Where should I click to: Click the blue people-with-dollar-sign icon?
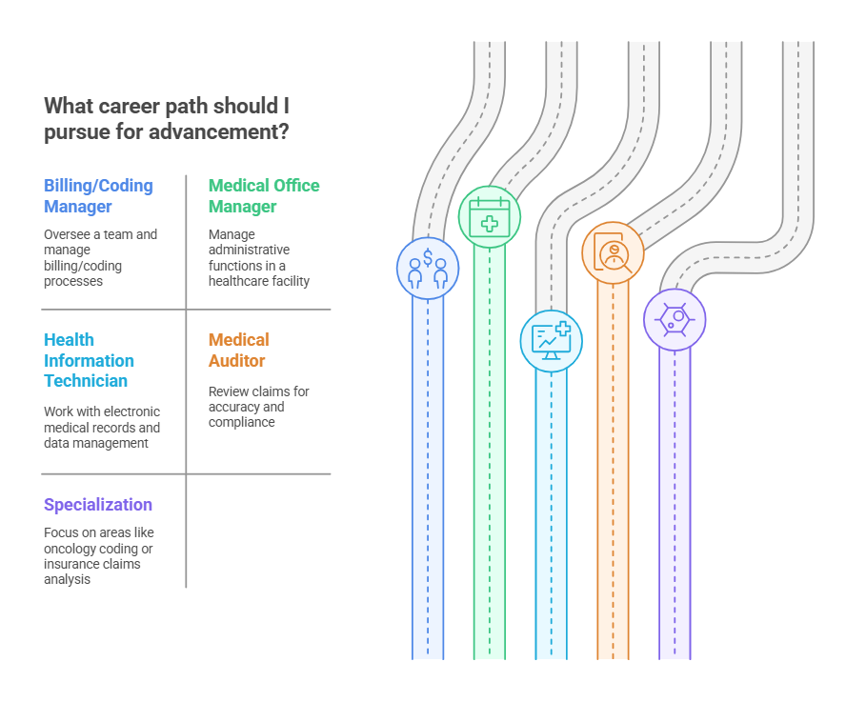[428, 268]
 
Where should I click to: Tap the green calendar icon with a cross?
[490, 217]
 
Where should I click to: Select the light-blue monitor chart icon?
[551, 341]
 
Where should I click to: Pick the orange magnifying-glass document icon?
[613, 252]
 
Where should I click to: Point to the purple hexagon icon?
[675, 319]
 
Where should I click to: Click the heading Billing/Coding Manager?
[98, 195]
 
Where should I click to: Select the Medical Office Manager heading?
[264, 195]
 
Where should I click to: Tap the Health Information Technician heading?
[89, 360]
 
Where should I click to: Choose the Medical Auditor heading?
[239, 350]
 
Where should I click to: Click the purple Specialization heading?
[98, 505]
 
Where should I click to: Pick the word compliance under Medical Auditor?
[241, 422]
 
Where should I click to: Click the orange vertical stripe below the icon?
[613, 476]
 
